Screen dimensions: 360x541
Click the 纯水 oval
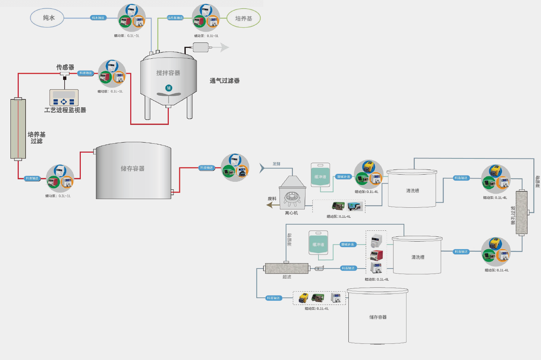click(47, 18)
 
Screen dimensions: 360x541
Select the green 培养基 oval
click(243, 18)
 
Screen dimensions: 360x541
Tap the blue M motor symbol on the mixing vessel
click(169, 88)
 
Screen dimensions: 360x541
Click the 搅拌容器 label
click(168, 73)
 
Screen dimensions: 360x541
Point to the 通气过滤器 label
click(224, 81)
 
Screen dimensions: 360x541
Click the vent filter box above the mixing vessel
click(201, 47)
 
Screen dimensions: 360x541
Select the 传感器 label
click(65, 67)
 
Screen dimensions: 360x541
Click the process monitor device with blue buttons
click(64, 98)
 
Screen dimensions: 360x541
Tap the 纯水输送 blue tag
click(98, 18)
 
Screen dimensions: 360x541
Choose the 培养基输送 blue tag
click(175, 18)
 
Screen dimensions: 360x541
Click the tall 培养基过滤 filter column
click(18, 129)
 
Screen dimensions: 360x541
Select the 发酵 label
click(276, 164)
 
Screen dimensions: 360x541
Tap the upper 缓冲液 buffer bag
click(320, 175)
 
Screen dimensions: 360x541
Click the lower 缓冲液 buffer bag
click(318, 243)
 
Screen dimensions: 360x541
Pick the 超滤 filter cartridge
click(287, 269)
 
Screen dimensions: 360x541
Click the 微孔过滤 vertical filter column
click(522, 212)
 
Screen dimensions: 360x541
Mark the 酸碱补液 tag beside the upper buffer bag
click(344, 177)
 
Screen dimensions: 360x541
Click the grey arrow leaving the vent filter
click(224, 47)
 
